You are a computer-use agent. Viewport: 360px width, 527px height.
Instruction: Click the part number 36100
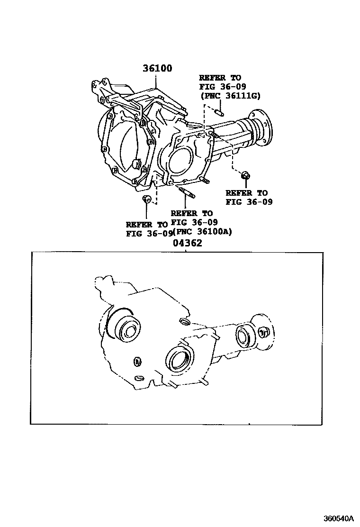pos(157,68)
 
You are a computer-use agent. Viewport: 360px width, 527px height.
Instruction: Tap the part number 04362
pos(188,243)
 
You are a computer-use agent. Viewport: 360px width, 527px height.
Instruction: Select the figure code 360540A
pos(339,517)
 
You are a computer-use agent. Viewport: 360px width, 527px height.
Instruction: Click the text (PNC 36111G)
pos(230,96)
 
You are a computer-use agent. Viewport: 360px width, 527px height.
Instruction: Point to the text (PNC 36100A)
pos(202,232)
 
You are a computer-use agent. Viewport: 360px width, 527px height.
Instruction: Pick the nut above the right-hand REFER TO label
pos(246,175)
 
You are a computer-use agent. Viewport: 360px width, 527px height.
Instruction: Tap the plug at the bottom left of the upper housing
pos(146,198)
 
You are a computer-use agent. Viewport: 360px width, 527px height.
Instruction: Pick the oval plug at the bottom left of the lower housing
pos(139,379)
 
